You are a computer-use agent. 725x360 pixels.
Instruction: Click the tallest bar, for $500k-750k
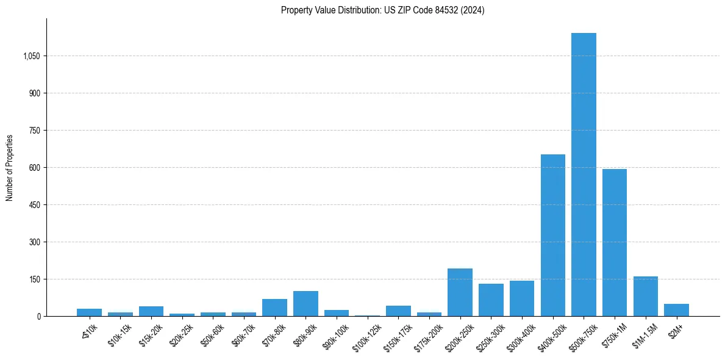pyautogui.click(x=584, y=175)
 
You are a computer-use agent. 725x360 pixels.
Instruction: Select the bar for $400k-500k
pyautogui.click(x=552, y=236)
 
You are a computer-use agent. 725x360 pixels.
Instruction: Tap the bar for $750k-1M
pyautogui.click(x=614, y=243)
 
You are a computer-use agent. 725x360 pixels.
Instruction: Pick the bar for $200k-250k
pyautogui.click(x=460, y=292)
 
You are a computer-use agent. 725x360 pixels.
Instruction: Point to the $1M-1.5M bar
pyautogui.click(x=645, y=297)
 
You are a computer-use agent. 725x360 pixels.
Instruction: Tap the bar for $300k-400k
pyautogui.click(x=521, y=298)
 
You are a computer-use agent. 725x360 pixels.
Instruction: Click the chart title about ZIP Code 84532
pyautogui.click(x=382, y=10)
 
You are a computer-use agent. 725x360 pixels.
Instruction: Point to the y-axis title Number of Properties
pyautogui.click(x=10, y=167)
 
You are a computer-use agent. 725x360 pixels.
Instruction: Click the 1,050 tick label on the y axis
pyautogui.click(x=31, y=56)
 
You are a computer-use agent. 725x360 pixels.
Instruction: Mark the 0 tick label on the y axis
pyautogui.click(x=38, y=317)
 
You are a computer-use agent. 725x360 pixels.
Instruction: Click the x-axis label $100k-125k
pyautogui.click(x=366, y=334)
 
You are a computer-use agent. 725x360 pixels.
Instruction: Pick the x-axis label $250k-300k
pyautogui.click(x=490, y=334)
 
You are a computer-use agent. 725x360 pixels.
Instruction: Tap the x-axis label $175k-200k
pyautogui.click(x=429, y=334)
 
